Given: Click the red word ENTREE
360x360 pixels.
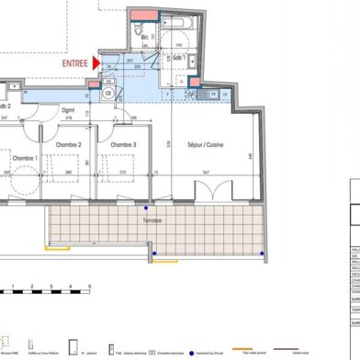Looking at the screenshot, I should click(74, 63).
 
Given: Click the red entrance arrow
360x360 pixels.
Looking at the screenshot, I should click(96, 63).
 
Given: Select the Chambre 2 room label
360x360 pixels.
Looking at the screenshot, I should click(68, 145).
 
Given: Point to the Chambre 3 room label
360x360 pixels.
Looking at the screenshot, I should click(123, 145).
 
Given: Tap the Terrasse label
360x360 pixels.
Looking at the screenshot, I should click(152, 220).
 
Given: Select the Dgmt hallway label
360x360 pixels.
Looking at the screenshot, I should click(67, 110).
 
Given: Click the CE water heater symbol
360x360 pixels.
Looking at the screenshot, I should click(107, 93).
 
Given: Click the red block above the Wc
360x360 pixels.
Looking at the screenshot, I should click(143, 15).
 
